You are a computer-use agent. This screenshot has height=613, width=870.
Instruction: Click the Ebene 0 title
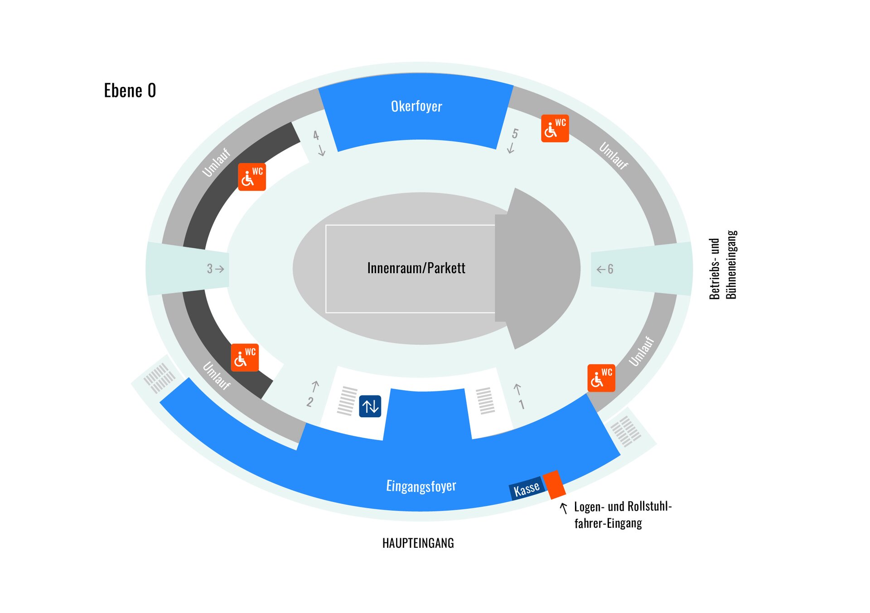point(130,91)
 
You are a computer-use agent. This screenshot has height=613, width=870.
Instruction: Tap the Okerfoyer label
point(416,106)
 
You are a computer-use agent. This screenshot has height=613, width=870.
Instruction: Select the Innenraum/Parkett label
point(416,268)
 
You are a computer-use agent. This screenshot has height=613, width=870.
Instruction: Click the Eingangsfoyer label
point(421,486)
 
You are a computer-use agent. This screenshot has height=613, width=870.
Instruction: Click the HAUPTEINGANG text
point(418,543)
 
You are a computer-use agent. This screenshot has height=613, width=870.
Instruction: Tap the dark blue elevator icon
point(370,406)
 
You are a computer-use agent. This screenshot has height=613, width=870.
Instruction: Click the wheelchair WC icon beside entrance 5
point(555,128)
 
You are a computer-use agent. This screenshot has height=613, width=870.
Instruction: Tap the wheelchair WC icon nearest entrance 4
point(251,177)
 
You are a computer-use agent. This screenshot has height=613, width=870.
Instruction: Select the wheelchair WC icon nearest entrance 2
point(244,357)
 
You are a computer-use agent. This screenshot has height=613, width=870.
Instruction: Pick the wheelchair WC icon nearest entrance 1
point(601,378)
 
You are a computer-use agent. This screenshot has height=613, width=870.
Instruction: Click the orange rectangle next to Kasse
point(554,484)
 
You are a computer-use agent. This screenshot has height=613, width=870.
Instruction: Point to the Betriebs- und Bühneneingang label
point(723,265)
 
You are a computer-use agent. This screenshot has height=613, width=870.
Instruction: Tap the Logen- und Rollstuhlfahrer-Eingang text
point(622,515)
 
